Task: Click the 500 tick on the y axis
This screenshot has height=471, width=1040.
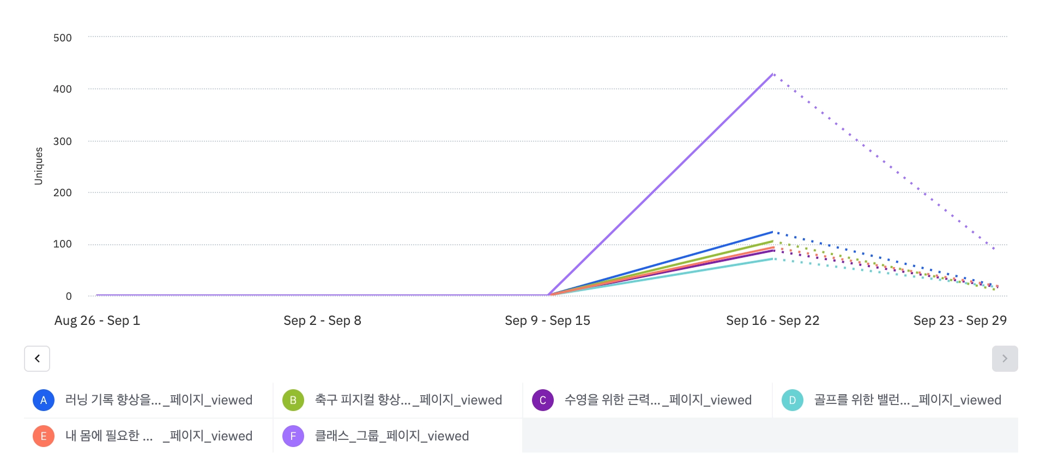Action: (x=63, y=38)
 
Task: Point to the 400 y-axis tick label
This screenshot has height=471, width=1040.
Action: (x=63, y=89)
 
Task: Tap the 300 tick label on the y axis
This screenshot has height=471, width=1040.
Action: (x=63, y=141)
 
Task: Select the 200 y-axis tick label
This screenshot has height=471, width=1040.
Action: (x=63, y=192)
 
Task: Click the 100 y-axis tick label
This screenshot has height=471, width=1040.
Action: (x=63, y=244)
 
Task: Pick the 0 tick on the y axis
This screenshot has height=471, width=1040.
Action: (x=69, y=296)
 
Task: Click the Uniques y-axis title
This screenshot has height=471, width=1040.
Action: (x=39, y=166)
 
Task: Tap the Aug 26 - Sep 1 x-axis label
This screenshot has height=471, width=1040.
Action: (x=97, y=321)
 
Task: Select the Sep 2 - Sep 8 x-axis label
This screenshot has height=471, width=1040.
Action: (x=322, y=321)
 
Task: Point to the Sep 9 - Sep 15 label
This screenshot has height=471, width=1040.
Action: (x=547, y=321)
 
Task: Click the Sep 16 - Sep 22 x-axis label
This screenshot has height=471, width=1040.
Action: (x=772, y=321)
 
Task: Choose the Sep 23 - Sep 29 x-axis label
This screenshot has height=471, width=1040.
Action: (x=960, y=321)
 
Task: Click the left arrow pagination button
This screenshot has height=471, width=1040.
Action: (x=37, y=359)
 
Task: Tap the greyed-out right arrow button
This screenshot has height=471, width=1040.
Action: (x=1005, y=359)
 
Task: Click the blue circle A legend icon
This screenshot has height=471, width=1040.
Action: (x=44, y=400)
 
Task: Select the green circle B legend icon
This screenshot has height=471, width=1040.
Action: (x=293, y=400)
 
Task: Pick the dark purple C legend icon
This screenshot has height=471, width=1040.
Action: (x=543, y=400)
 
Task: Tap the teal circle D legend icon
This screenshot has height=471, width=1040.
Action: (x=793, y=400)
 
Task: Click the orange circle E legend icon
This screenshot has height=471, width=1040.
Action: (x=44, y=436)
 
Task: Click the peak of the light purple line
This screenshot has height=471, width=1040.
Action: (x=773, y=74)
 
